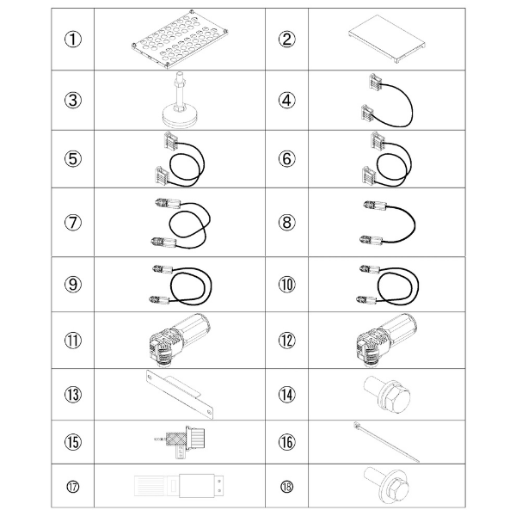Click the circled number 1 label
[73, 40]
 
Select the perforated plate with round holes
[180, 40]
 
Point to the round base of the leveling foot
[180, 118]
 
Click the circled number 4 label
[286, 101]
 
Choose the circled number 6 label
[286, 158]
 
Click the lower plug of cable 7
[163, 243]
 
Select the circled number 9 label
[73, 285]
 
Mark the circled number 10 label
[286, 285]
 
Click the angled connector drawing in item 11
[180, 340]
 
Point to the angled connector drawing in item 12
[387, 340]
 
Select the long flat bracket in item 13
[180, 394]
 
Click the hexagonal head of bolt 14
[397, 400]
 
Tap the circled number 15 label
[73, 442]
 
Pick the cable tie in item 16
[386, 442]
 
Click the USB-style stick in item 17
[180, 486]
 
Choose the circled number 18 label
[286, 487]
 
